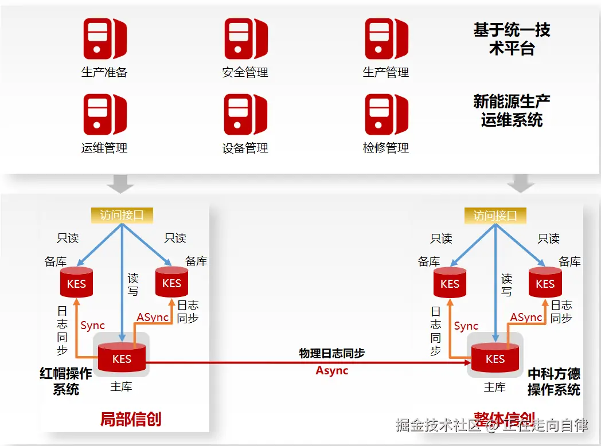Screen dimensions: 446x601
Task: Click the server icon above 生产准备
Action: coord(105,39)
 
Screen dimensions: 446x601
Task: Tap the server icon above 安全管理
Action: coord(245,39)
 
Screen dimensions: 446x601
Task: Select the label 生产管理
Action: coord(386,72)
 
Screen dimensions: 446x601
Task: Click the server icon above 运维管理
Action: coord(105,115)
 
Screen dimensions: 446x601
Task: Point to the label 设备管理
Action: coord(245,148)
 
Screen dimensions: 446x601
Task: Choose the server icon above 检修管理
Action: coord(386,115)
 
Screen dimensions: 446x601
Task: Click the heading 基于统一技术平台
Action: coord(512,39)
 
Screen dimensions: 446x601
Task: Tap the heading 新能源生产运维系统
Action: coord(512,111)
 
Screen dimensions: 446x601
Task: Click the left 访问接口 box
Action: coord(122,215)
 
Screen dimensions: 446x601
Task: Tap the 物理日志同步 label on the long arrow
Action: coord(331,353)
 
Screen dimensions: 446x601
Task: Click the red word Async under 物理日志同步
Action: coord(332,370)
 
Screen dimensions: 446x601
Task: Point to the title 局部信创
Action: coord(131,419)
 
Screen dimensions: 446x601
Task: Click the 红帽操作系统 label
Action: coord(66,381)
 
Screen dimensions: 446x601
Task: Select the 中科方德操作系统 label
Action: coord(553,382)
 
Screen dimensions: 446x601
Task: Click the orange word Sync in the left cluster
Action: coord(92,326)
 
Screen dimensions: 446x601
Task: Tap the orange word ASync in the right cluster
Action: coord(526,317)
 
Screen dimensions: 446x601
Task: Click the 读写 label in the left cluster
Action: coord(133,284)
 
